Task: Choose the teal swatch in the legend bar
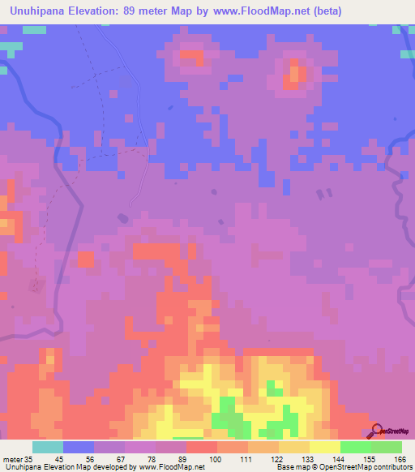[x=48, y=447]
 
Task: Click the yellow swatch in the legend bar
[x=325, y=447]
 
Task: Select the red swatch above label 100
[x=201, y=447]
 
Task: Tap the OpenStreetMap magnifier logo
[x=375, y=431]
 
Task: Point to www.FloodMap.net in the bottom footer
[x=172, y=467]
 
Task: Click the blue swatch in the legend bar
[x=79, y=447]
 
